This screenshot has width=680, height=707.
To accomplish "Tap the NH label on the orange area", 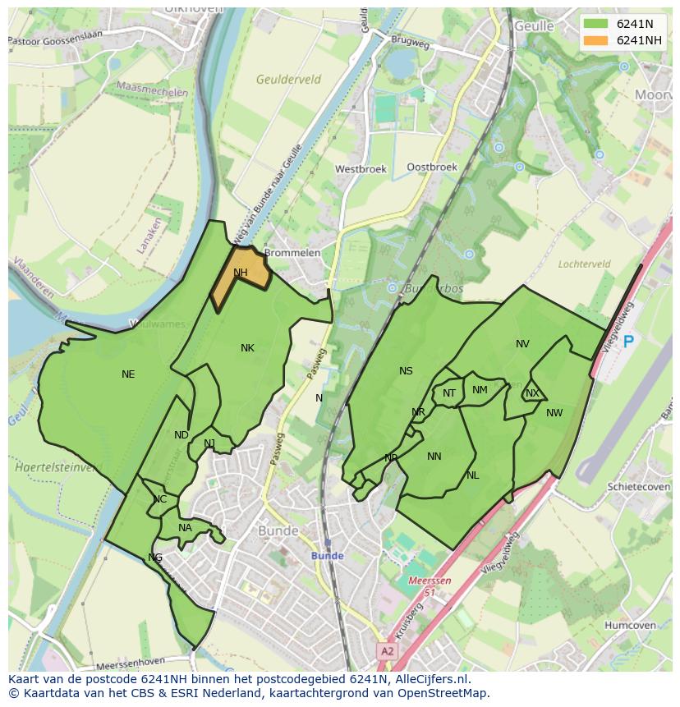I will point(240,273).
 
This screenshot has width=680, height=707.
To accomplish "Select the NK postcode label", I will point(247,348).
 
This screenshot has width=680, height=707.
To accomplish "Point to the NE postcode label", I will point(128,374).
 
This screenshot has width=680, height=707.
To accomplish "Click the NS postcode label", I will point(406,371).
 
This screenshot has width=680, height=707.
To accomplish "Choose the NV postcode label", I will point(522,344).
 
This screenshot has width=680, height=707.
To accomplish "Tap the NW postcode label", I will point(554,413).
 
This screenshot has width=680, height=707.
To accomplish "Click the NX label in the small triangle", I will point(532,393).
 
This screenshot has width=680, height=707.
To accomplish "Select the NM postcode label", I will point(480,390).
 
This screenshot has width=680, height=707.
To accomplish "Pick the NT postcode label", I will point(449,393).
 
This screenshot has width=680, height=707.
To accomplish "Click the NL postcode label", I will point(472,475).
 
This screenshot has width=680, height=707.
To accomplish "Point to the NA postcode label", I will point(185,528).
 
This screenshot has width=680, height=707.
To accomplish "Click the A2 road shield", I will point(387,650).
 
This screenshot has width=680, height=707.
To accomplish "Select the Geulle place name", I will point(535,26).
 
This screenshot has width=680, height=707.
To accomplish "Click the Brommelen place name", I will point(292,253).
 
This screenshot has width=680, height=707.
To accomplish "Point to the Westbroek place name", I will point(361,169).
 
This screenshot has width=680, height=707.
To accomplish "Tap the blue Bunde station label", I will point(327,556).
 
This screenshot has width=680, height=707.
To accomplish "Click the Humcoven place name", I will point(630,625).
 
